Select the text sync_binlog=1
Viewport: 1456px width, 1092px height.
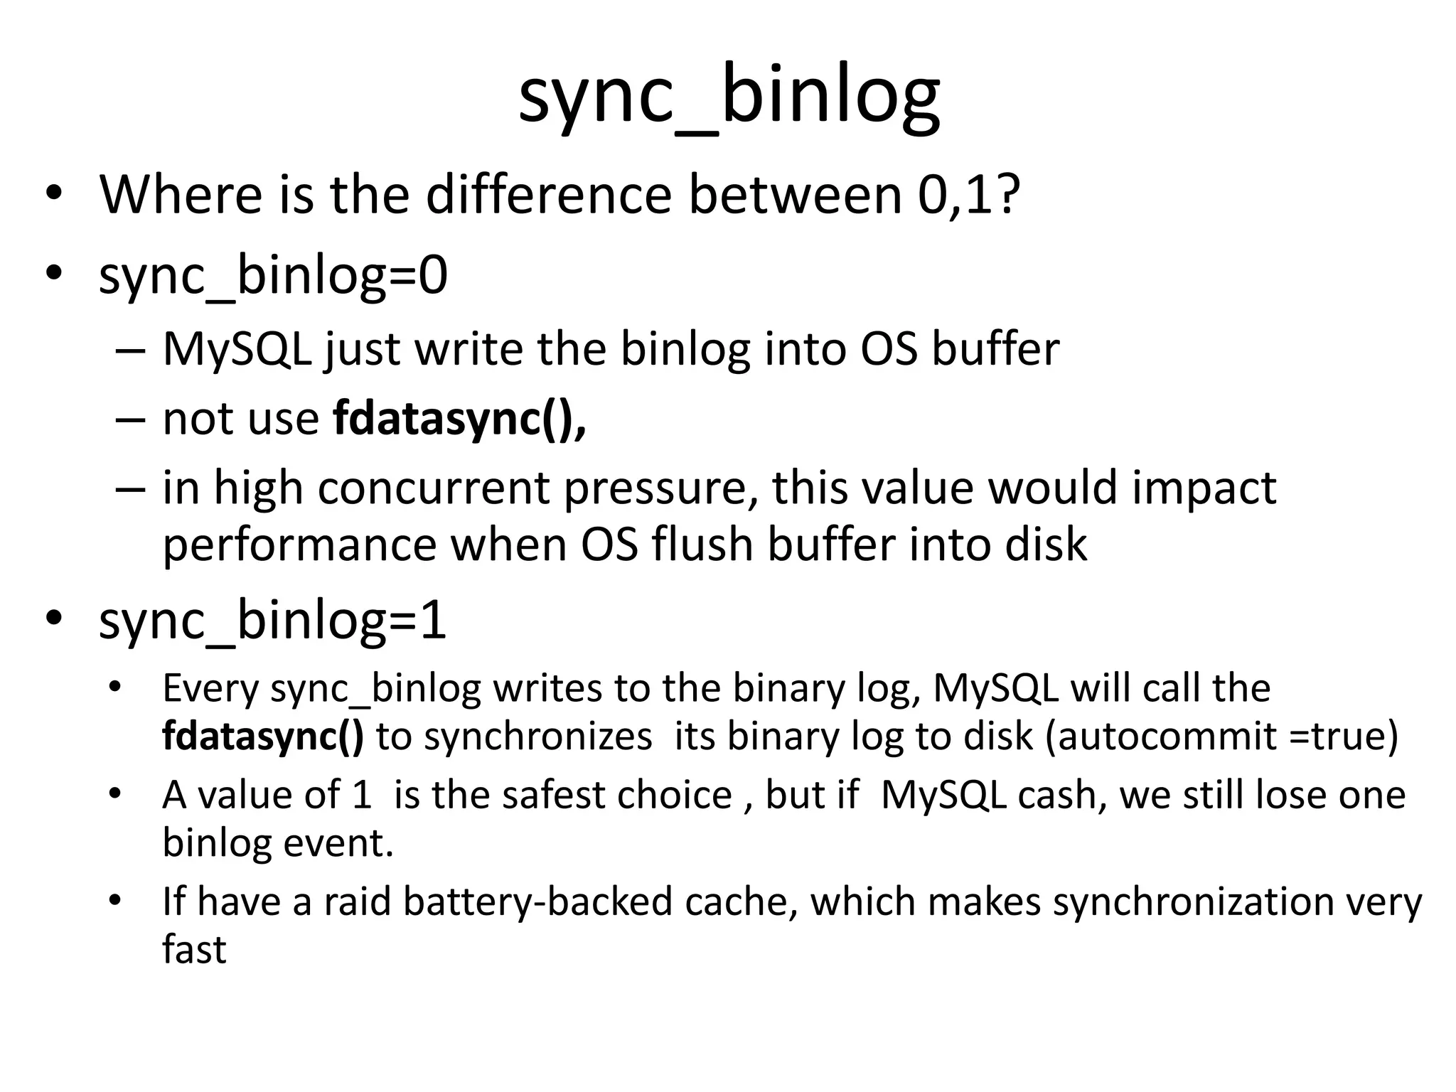click(273, 621)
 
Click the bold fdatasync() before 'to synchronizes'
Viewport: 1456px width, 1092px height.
click(262, 737)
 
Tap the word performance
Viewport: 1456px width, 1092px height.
click(299, 545)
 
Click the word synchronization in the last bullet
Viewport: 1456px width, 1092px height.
click(1194, 901)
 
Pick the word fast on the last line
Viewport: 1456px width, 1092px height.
click(194, 950)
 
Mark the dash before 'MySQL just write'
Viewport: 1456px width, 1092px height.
click(129, 350)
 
